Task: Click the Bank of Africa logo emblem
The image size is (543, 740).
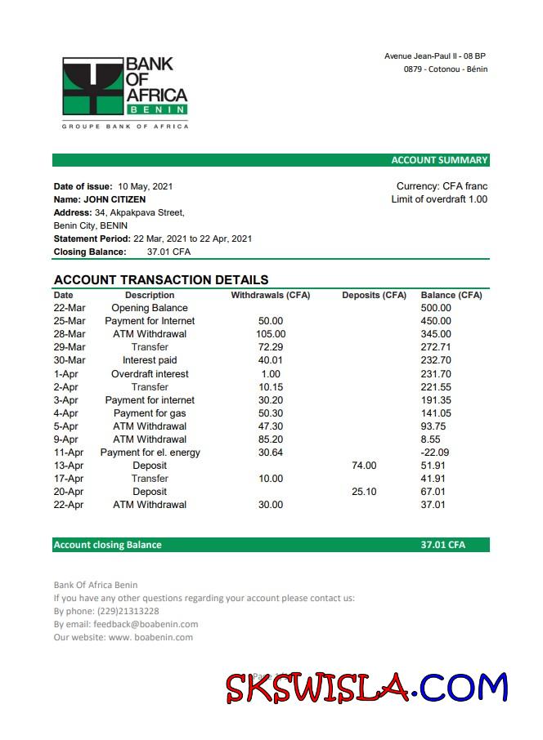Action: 92,87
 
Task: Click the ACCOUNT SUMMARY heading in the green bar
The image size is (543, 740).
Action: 439,160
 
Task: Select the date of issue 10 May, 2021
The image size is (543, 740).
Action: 146,186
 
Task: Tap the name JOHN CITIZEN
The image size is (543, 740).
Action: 114,199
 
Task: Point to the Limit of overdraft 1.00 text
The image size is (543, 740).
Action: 439,199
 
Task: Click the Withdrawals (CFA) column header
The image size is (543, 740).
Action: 271,295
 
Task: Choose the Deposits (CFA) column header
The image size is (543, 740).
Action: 374,295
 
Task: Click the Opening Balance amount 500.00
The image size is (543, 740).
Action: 436,308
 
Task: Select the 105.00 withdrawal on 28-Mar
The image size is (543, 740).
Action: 271,334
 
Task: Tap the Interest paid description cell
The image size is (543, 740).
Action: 150,360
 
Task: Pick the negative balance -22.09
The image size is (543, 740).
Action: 434,452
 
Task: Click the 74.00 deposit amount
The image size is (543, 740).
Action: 364,466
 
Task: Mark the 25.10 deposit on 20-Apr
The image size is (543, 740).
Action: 364,492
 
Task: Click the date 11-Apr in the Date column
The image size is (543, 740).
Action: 69,452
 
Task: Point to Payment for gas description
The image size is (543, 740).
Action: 150,413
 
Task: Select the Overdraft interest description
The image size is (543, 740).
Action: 150,374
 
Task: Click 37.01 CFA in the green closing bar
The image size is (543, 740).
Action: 442,545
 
